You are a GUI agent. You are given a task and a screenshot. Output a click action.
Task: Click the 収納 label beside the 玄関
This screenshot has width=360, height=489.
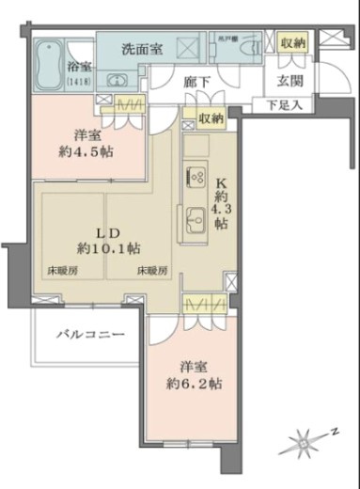[x=291, y=43]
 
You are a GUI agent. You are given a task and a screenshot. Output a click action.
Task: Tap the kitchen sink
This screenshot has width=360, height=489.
[x=197, y=218]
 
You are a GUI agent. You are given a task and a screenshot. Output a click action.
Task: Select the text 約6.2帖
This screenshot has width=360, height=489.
[x=201, y=383]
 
